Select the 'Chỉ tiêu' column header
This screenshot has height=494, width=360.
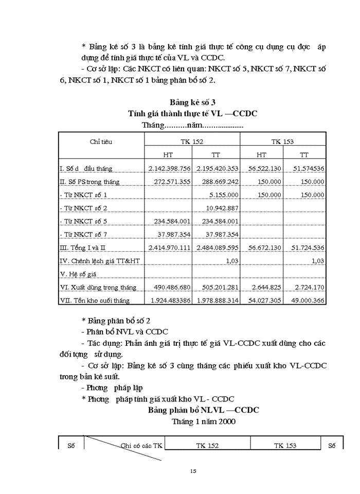point(101,142)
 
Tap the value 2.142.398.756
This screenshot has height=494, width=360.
point(169,168)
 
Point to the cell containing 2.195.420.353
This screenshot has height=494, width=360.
point(217,168)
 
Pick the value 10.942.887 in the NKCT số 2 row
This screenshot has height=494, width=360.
point(221,208)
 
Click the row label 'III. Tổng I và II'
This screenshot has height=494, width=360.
point(83,248)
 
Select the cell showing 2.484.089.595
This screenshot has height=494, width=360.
point(217,248)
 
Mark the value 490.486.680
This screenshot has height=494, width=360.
point(169,287)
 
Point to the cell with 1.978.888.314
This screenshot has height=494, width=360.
point(217,301)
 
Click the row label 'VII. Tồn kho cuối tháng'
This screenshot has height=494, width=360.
point(95,301)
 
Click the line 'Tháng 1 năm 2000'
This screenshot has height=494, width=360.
point(203,421)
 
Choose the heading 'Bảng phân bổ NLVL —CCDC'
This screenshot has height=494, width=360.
point(203,410)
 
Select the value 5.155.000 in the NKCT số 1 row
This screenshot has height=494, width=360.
point(223,195)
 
